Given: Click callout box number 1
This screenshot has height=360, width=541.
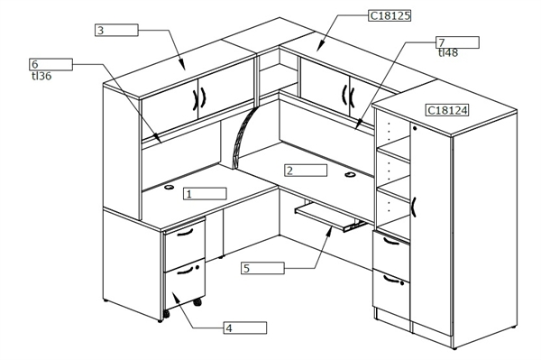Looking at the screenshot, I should (x=205, y=193).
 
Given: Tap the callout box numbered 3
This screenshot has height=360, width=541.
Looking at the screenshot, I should (x=116, y=30).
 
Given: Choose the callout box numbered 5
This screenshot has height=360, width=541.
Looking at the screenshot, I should (x=262, y=268).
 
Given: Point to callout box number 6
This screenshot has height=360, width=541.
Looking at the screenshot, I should (x=50, y=64).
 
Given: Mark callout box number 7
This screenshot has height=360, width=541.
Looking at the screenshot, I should (x=456, y=42).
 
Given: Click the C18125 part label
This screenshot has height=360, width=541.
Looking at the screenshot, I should (x=390, y=15).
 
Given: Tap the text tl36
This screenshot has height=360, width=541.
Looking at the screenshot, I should (x=40, y=76).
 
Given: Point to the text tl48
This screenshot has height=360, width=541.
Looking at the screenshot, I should (x=447, y=53).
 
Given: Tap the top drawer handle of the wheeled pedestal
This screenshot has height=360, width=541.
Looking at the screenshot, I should (x=186, y=232).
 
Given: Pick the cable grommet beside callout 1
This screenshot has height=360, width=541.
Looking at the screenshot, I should (x=170, y=188).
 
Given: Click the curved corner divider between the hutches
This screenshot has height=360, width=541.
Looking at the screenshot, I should (x=243, y=141).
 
